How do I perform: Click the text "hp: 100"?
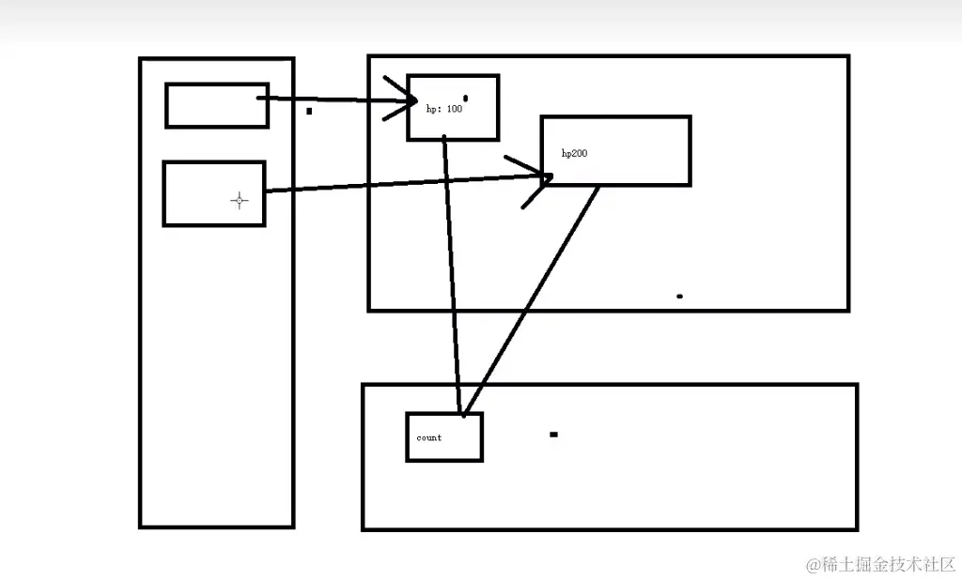click(443, 109)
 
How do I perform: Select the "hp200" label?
click(574, 152)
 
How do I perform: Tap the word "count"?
click(428, 437)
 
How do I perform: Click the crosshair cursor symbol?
click(240, 200)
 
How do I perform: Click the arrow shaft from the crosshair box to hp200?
click(395, 184)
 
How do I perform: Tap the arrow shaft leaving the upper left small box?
click(329, 99)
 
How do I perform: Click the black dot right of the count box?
click(553, 435)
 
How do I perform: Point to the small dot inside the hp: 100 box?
click(465, 98)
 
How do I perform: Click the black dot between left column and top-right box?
click(309, 111)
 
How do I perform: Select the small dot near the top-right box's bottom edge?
click(679, 297)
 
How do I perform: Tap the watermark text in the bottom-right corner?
click(879, 564)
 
